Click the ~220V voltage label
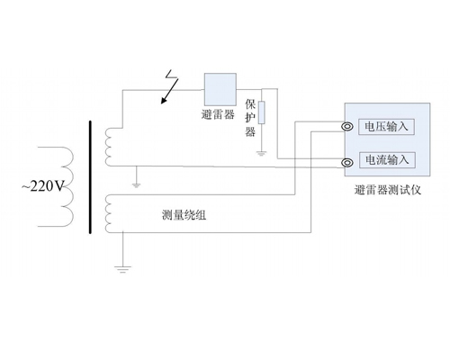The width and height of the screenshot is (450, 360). [x=43, y=186]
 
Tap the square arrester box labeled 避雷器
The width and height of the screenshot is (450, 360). [x=220, y=89]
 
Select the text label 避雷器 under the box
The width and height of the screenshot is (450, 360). [x=218, y=114]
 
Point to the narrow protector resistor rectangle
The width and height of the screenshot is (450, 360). [x=262, y=112]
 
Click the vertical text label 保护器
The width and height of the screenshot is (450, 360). [x=250, y=118]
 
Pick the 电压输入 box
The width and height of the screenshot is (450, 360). [x=386, y=127]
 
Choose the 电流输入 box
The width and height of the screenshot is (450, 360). [x=387, y=160]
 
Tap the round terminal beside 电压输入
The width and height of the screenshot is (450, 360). [x=347, y=127]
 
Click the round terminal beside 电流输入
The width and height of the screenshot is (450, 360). [x=347, y=163]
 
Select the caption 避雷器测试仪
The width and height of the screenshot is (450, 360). [x=388, y=190]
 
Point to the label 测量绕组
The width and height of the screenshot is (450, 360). [x=184, y=215]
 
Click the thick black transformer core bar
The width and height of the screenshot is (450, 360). [x=90, y=177]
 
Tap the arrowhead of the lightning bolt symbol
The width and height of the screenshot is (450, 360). [x=164, y=101]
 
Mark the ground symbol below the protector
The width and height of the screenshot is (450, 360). [x=262, y=154]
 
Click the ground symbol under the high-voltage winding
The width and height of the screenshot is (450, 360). [x=137, y=185]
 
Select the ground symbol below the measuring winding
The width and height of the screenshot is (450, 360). [x=122, y=269]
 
